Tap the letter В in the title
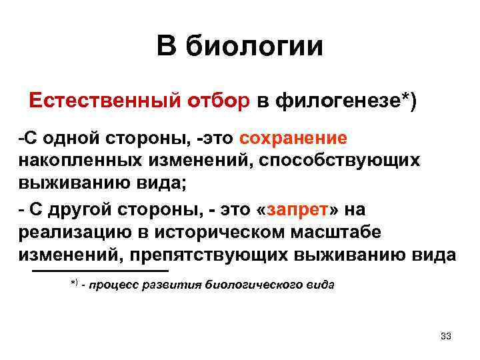point(167,47)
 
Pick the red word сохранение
point(294,138)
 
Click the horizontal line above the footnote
point(101,271)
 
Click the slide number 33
point(446,335)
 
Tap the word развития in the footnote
point(173,285)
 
